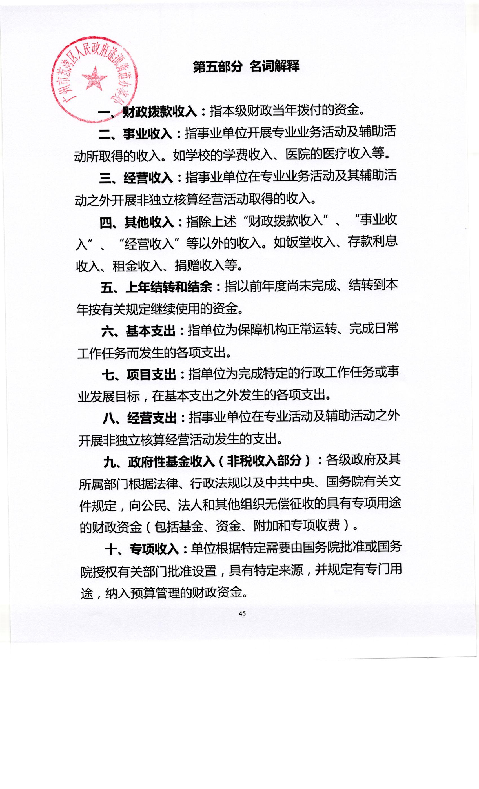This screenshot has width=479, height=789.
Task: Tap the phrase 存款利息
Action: pos(373,241)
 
